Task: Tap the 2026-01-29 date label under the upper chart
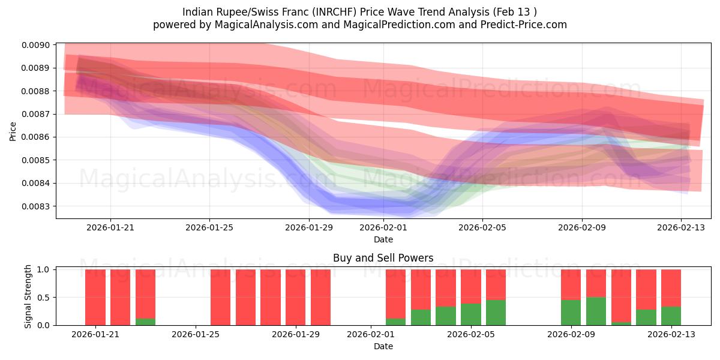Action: tap(308, 228)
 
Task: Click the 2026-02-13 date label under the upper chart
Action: tap(680, 228)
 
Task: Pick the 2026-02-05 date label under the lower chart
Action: tap(471, 335)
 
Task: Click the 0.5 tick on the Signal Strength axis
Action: tap(45, 298)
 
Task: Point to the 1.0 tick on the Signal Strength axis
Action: tap(45, 270)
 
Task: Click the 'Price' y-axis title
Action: tap(13, 130)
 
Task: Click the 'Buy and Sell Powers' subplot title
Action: tap(383, 259)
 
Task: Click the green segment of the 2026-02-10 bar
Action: tap(596, 311)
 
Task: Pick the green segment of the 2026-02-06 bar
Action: tap(496, 313)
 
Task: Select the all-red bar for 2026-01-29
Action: tap(295, 297)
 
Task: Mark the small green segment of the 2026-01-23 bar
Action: tap(145, 322)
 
